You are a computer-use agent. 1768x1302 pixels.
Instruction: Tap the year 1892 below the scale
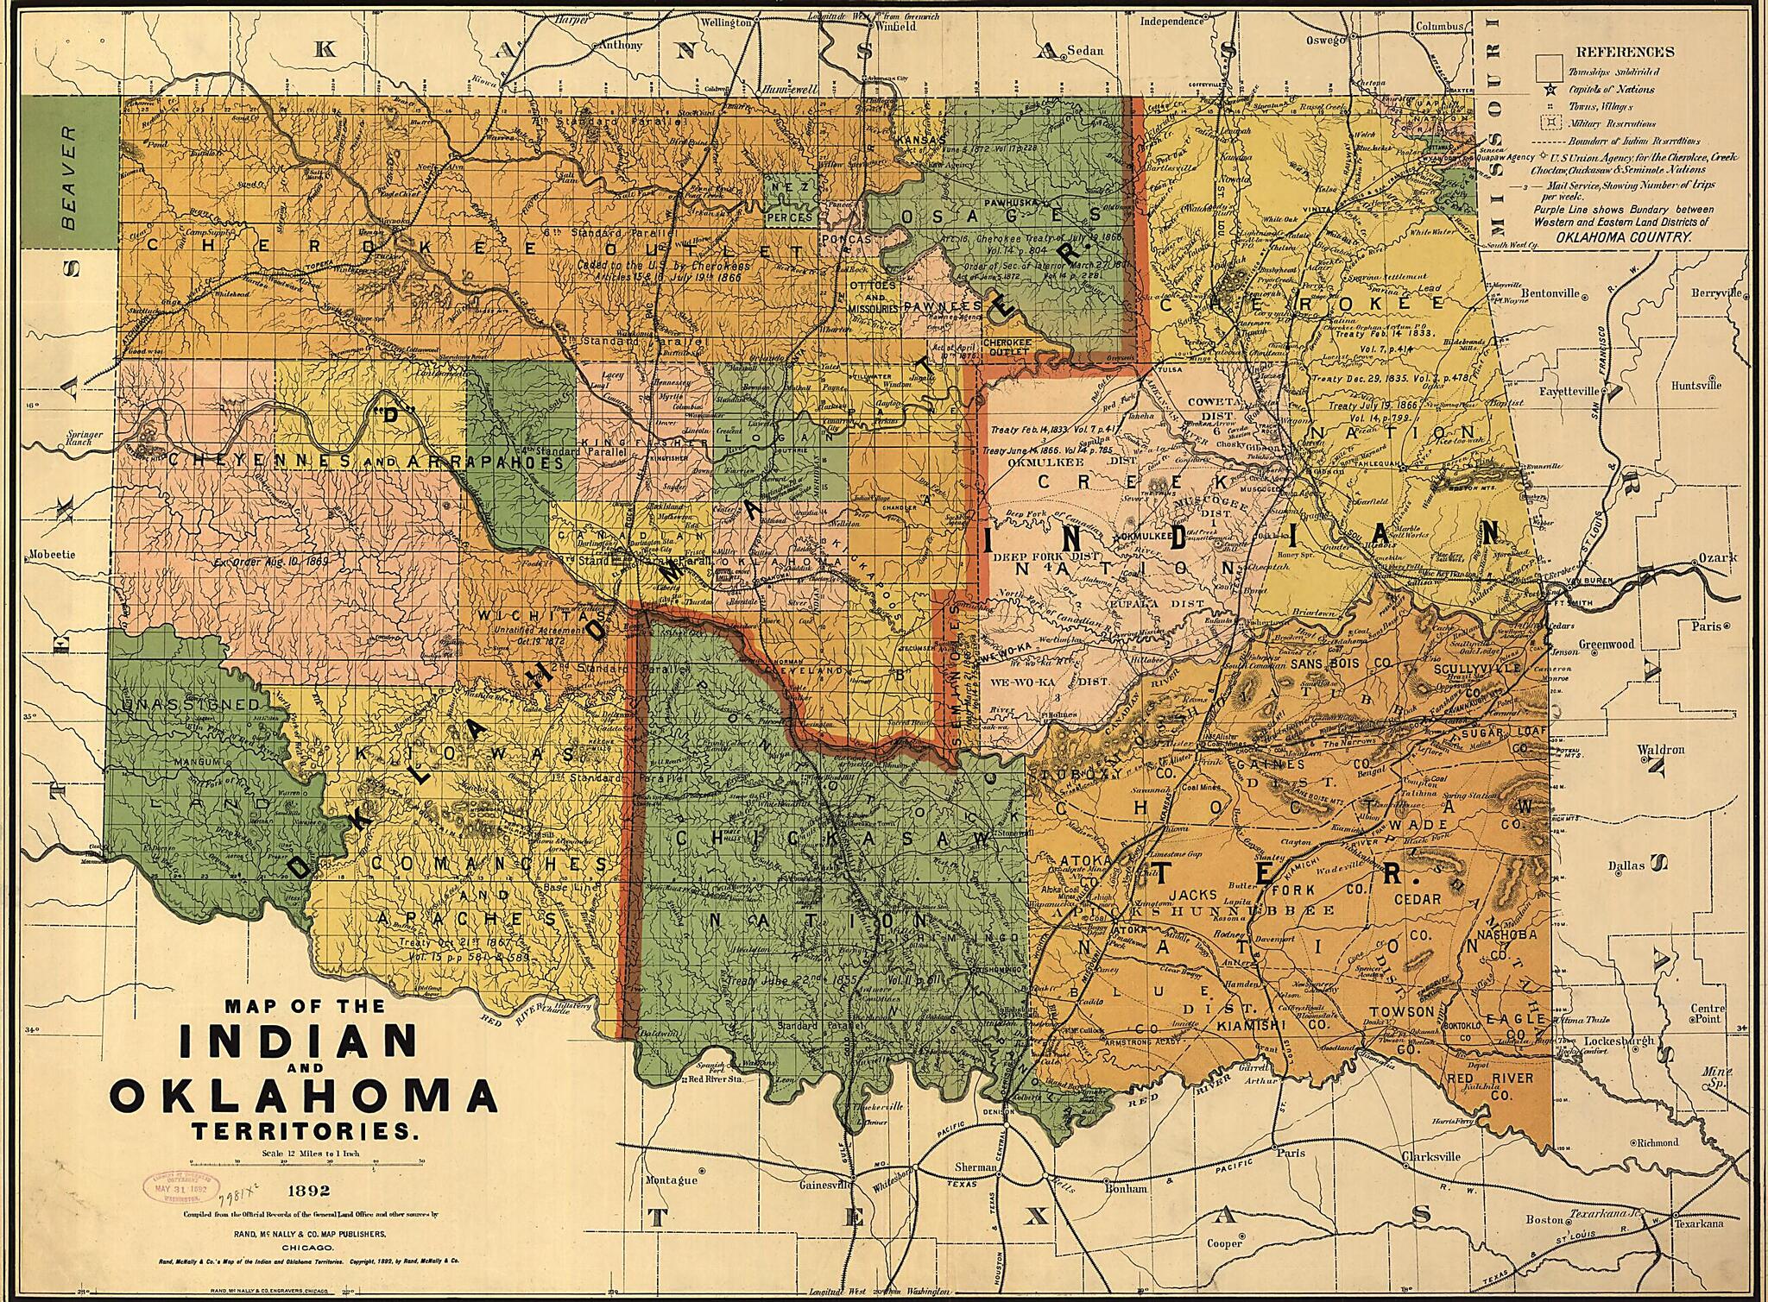pos(306,1192)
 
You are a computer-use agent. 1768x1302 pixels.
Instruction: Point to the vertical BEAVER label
pos(70,179)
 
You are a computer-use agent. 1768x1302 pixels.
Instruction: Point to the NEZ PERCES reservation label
pos(790,203)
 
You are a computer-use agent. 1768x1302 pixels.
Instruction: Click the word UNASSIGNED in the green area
pos(191,705)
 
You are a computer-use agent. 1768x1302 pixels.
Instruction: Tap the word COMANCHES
pos(489,862)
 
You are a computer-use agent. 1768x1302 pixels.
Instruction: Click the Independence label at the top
pos(1174,22)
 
